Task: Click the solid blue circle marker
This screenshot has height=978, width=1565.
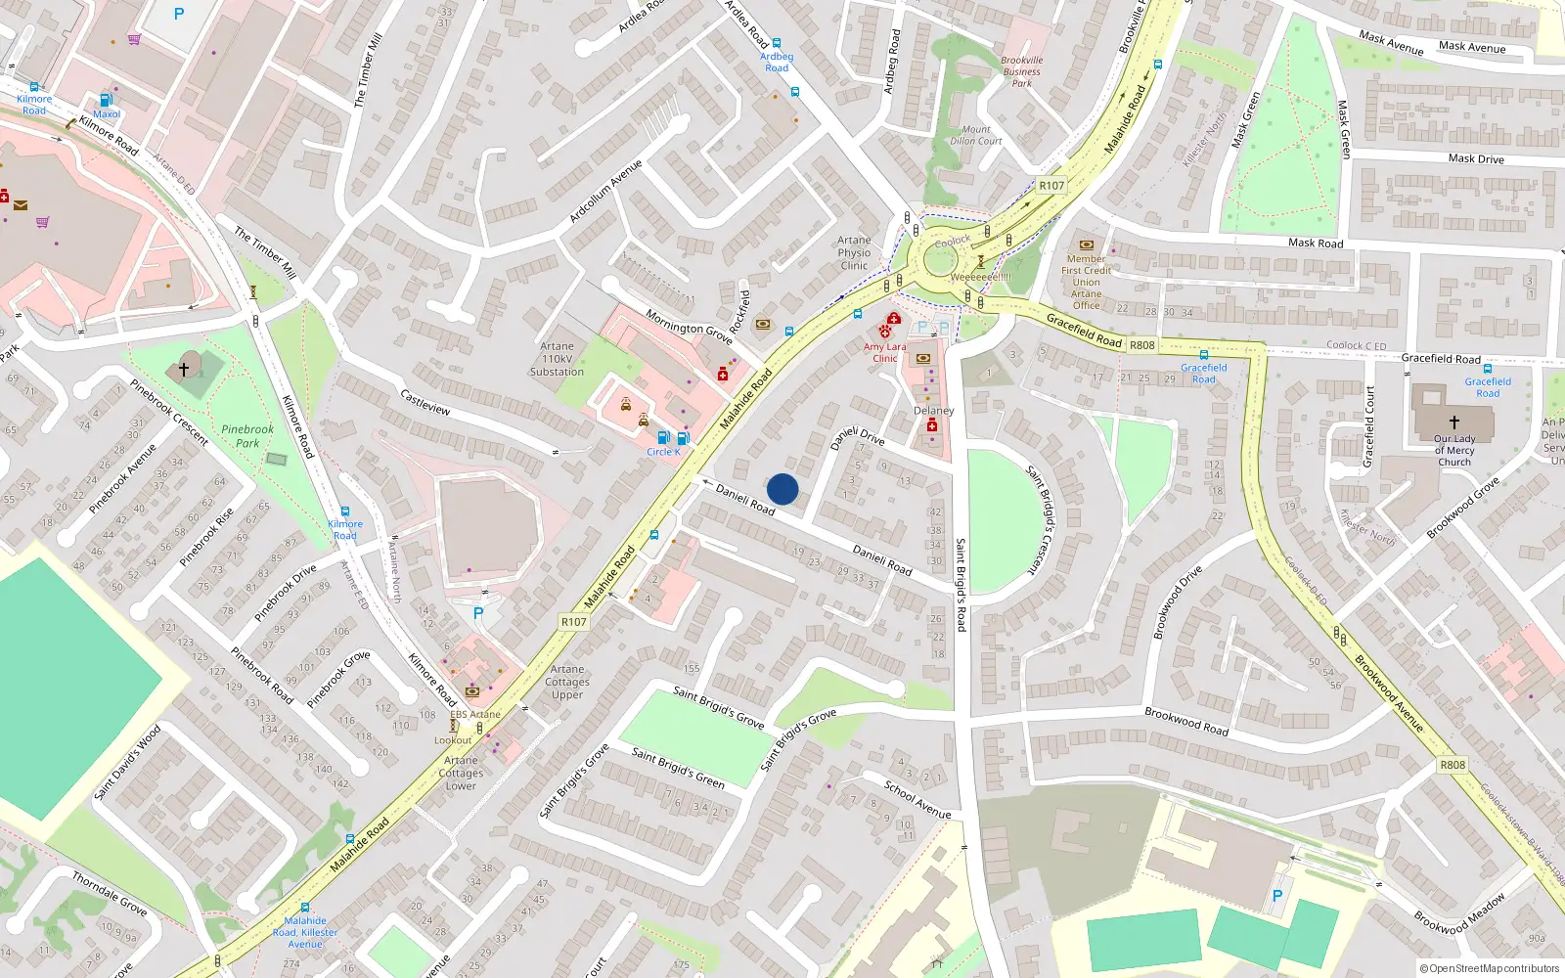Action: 782,489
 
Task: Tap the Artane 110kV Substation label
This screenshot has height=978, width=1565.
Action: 557,359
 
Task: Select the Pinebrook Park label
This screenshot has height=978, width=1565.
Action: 247,436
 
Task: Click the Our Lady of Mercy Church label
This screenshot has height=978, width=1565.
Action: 1454,450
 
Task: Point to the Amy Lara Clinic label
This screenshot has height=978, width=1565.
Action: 884,352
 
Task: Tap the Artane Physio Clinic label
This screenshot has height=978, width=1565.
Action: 854,252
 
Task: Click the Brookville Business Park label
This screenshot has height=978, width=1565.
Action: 1022,71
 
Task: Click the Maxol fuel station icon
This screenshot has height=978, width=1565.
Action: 107,99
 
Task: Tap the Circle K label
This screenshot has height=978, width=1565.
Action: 663,452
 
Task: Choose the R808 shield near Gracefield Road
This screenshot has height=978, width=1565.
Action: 1141,345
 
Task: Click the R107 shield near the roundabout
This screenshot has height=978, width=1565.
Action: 1051,185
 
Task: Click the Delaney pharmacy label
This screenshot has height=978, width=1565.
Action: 933,411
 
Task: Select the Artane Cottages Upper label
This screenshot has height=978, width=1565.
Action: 567,682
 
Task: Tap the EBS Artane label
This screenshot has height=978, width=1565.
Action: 475,714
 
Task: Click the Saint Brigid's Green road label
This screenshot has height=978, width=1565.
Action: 678,768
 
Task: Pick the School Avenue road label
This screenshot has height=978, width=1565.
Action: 917,798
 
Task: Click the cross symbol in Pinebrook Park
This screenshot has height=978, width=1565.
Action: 183,370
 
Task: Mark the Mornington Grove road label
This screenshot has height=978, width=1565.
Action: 689,327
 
